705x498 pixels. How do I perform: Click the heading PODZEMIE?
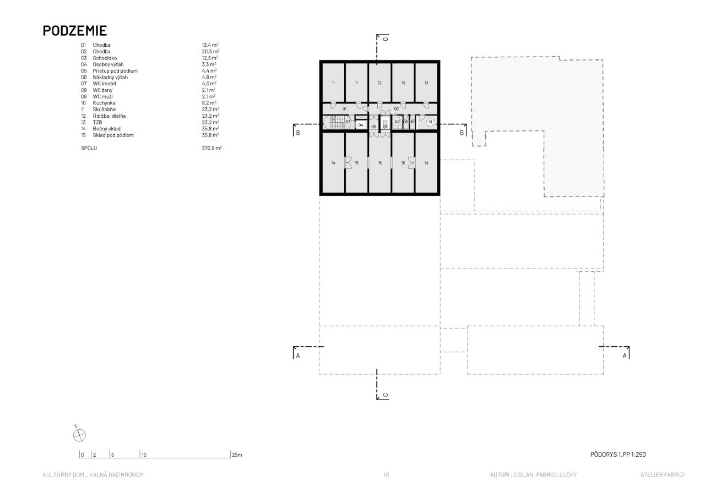(x=74, y=31)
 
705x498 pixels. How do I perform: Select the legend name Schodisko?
(x=105, y=58)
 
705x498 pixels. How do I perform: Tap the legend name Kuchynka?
(x=104, y=103)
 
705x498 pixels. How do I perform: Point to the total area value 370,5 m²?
(x=211, y=148)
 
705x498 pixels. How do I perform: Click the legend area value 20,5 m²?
(x=210, y=51)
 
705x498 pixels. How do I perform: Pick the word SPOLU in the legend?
(x=89, y=148)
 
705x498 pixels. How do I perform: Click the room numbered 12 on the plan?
(x=379, y=83)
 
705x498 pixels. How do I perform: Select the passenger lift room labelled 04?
(x=361, y=125)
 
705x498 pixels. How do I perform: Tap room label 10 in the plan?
(x=430, y=122)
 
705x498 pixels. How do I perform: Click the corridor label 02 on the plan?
(x=396, y=109)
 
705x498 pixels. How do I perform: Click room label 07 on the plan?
(x=397, y=122)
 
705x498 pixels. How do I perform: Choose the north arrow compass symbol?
(x=79, y=435)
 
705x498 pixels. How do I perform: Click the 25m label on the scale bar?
(x=237, y=455)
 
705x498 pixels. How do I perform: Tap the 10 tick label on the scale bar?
(x=144, y=455)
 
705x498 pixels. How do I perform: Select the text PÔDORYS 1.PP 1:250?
(x=618, y=455)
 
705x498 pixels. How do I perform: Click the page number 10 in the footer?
(x=386, y=475)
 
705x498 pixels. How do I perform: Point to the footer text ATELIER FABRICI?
(x=662, y=475)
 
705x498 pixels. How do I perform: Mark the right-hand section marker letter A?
(x=625, y=355)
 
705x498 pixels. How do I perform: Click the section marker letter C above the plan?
(x=386, y=39)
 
